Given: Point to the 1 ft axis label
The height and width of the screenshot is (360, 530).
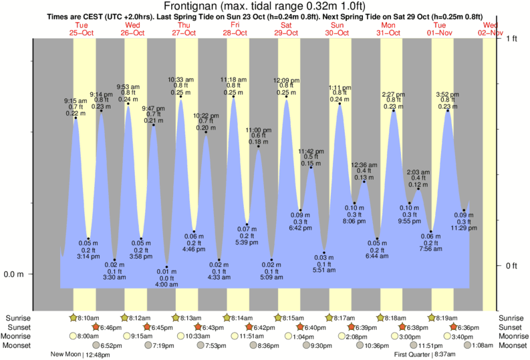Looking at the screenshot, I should [512, 39].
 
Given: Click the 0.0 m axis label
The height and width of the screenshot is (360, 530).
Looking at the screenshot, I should [14, 275].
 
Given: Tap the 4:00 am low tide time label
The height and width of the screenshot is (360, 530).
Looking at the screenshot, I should [166, 285].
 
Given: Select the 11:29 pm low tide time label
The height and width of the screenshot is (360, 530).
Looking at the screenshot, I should [463, 228].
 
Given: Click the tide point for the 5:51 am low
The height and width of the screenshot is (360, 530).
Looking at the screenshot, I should [324, 251].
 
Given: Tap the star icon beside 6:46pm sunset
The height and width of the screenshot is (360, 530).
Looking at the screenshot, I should [96, 327].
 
